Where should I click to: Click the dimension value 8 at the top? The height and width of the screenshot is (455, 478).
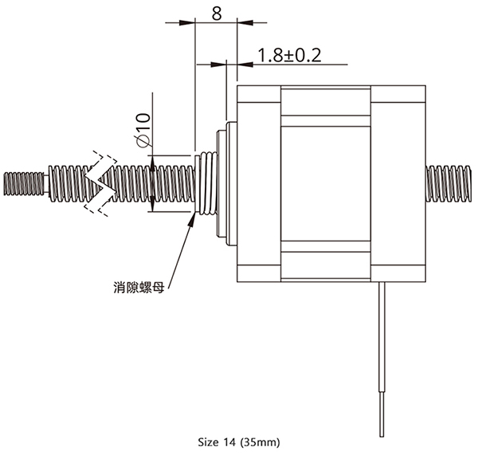coord(217,13)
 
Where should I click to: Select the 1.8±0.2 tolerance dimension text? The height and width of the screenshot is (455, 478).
coord(289,56)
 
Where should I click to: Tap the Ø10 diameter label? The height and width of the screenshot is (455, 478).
coord(143,130)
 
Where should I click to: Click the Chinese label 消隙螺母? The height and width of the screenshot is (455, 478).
coord(139,288)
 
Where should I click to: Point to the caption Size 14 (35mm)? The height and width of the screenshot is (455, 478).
coord(239,442)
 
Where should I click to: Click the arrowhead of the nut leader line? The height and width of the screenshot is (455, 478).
coord(192,219)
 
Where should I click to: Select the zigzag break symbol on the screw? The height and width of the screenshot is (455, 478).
coord(100,183)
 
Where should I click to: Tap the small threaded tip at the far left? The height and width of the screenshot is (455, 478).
coord(24,183)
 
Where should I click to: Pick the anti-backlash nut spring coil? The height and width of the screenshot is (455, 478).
coord(209,183)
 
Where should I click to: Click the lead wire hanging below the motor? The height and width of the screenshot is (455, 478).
coord(382,359)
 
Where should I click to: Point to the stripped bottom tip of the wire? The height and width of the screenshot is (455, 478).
coord(382,414)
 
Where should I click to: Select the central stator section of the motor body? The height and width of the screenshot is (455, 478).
coord(326,183)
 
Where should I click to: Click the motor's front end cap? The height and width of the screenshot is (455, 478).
coord(259,183)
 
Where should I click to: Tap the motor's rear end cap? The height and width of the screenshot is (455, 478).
coord(398,183)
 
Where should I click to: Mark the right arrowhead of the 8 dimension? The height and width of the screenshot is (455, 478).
coord(245,22)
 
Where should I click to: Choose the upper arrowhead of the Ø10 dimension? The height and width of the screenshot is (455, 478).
coord(152,163)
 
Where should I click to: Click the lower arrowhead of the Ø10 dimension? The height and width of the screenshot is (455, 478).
coord(152,204)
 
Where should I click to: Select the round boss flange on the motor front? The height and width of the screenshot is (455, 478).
coord(226,183)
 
